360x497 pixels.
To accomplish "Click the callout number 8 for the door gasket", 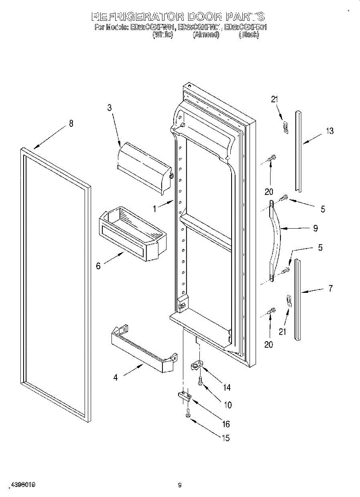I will tap(71, 123).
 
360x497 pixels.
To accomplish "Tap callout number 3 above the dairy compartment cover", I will tap(109, 108).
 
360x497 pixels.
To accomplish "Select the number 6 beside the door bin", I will tap(98, 266).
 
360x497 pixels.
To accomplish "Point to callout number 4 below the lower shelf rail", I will tap(116, 377).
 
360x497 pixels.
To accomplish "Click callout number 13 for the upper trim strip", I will tap(330, 131).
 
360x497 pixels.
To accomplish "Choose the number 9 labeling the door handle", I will tap(315, 228).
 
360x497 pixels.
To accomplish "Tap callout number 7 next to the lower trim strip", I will tap(330, 289).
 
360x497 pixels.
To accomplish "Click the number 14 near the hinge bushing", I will tap(226, 387).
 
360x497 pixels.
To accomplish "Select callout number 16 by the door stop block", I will tap(226, 424).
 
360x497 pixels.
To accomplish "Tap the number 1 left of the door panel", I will tap(155, 209).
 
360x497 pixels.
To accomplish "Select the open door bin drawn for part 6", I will tap(130, 236).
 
